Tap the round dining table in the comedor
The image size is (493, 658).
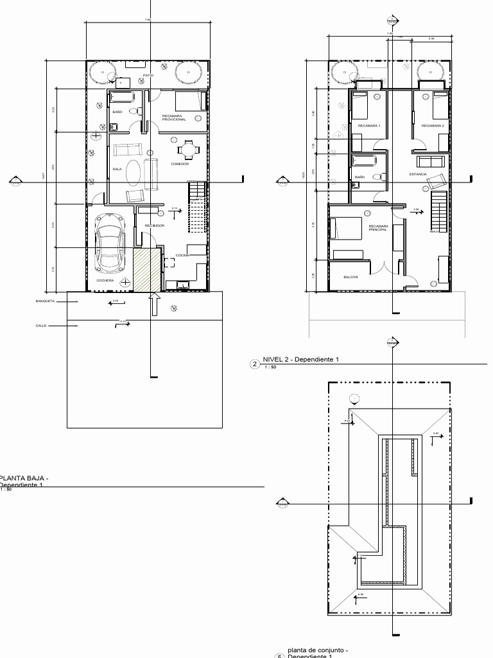point(187,150)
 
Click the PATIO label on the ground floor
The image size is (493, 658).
point(148,75)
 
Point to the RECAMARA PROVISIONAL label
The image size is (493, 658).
point(173,118)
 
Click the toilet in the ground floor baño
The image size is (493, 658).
point(134,112)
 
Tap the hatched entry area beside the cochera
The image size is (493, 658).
point(146,269)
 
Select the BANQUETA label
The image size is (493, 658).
point(46,300)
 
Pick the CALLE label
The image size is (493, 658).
point(41,326)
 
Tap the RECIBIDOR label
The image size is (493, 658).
point(155,226)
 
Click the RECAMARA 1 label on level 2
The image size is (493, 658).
point(369,126)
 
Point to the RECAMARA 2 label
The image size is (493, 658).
point(432,126)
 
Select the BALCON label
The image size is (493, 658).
point(350,277)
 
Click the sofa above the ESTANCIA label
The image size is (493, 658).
point(429,161)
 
